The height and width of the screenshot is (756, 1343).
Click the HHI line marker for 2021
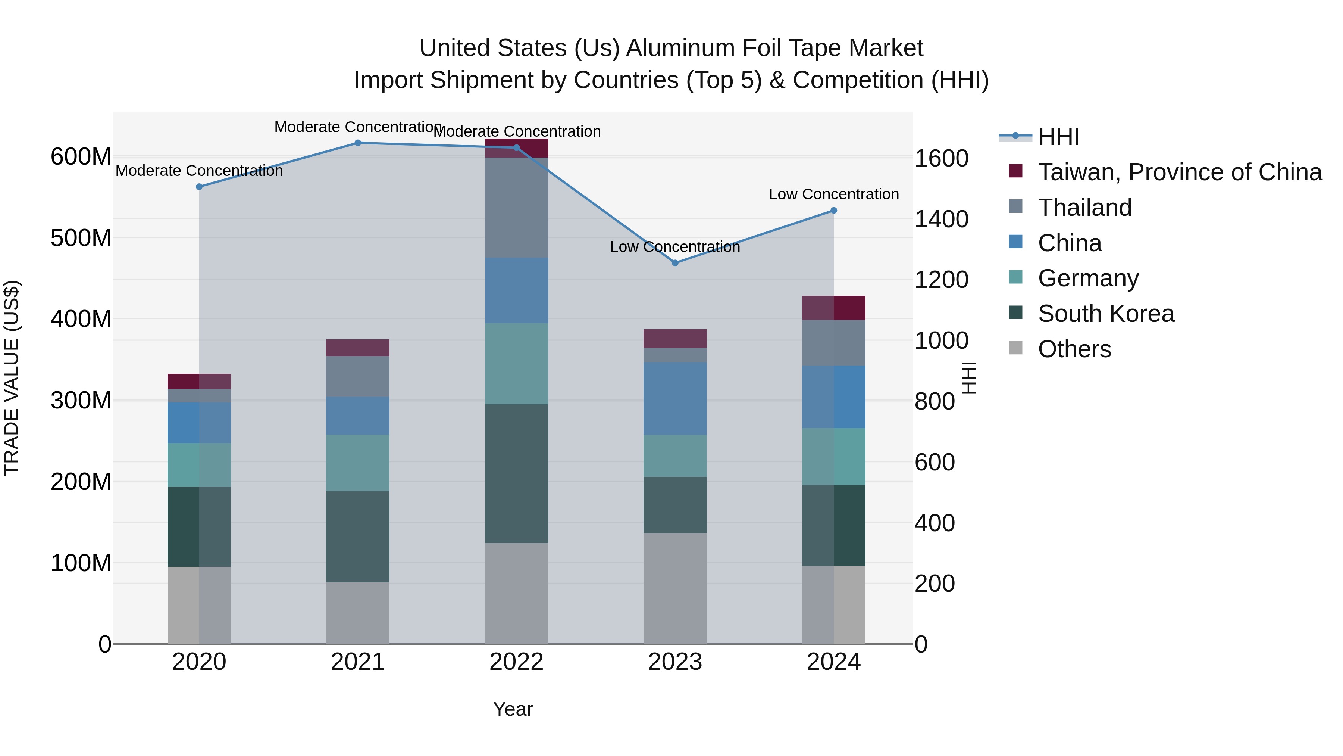358,143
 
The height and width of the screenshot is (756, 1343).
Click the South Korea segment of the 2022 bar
516,473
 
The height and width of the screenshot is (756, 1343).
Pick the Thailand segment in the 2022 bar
516,207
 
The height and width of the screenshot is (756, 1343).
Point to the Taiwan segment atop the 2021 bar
358,348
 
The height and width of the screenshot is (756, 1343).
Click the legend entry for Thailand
1084,208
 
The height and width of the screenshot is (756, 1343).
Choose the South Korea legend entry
1105,314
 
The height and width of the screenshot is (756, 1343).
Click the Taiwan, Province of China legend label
1179,172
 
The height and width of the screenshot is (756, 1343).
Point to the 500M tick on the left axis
81,238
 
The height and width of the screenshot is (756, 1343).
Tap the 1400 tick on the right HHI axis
942,219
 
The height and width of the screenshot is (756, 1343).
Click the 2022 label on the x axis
516,662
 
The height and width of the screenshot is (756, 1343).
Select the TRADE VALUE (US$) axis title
12,378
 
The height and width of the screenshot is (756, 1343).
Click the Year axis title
513,709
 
